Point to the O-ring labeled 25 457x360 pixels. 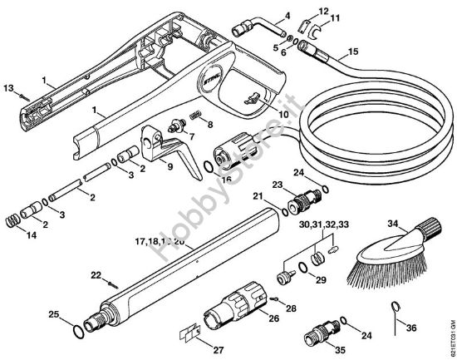click(x=77, y=330)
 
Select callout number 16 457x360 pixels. click(x=226, y=179)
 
